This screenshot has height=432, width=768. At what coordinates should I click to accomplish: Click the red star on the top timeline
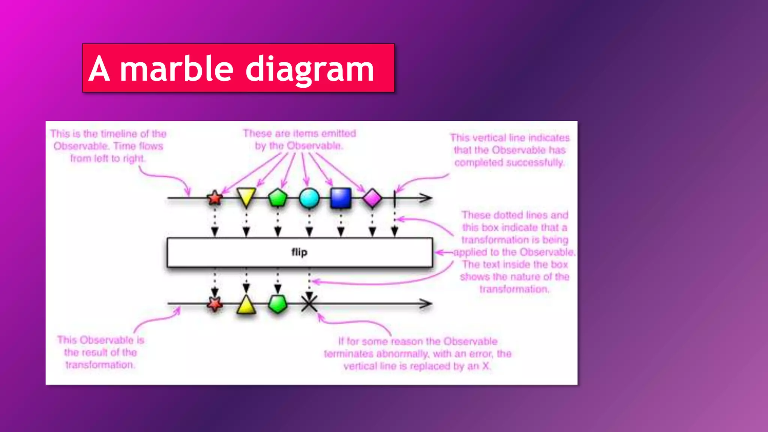coord(215,198)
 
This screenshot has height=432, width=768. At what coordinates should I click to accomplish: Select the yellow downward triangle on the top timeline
coord(246,196)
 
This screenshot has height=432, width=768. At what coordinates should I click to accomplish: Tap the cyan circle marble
coord(309,198)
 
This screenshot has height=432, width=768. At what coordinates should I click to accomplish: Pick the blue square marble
coord(340,198)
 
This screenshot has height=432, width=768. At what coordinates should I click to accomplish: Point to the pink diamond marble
coord(372,198)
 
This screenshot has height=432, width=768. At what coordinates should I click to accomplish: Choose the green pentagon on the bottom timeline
coord(278,304)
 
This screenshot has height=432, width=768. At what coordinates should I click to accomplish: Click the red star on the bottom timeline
coord(215,304)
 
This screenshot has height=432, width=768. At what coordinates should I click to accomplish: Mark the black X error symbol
coord(309,303)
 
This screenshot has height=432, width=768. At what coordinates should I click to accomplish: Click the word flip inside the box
coord(299,252)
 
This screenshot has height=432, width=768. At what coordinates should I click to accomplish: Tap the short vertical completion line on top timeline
coord(394,198)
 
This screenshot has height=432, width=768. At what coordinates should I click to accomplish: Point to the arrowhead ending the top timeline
coord(426,198)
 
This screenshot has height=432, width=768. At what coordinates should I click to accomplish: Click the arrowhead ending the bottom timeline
coord(426,304)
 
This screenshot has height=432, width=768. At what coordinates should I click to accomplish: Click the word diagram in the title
coord(310,70)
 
